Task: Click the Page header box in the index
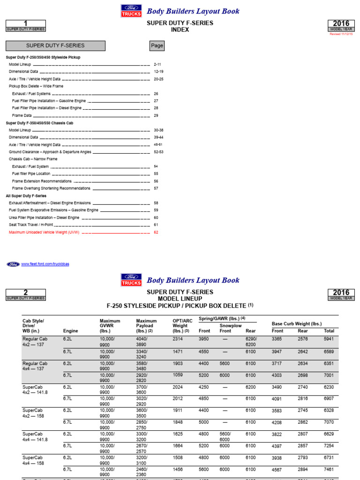click(157, 46)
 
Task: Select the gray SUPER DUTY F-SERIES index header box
click(55, 46)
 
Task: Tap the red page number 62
click(156, 232)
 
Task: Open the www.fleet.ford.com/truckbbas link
click(45, 264)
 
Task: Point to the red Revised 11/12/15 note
click(342, 34)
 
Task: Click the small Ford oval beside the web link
click(13, 264)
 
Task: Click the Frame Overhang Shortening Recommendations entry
click(51, 188)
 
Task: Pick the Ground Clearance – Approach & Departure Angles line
click(50, 152)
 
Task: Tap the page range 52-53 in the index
click(158, 152)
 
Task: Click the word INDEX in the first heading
click(180, 30)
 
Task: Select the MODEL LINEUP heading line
click(180, 299)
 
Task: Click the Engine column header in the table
click(71, 330)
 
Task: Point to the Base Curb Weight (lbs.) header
click(297, 324)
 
